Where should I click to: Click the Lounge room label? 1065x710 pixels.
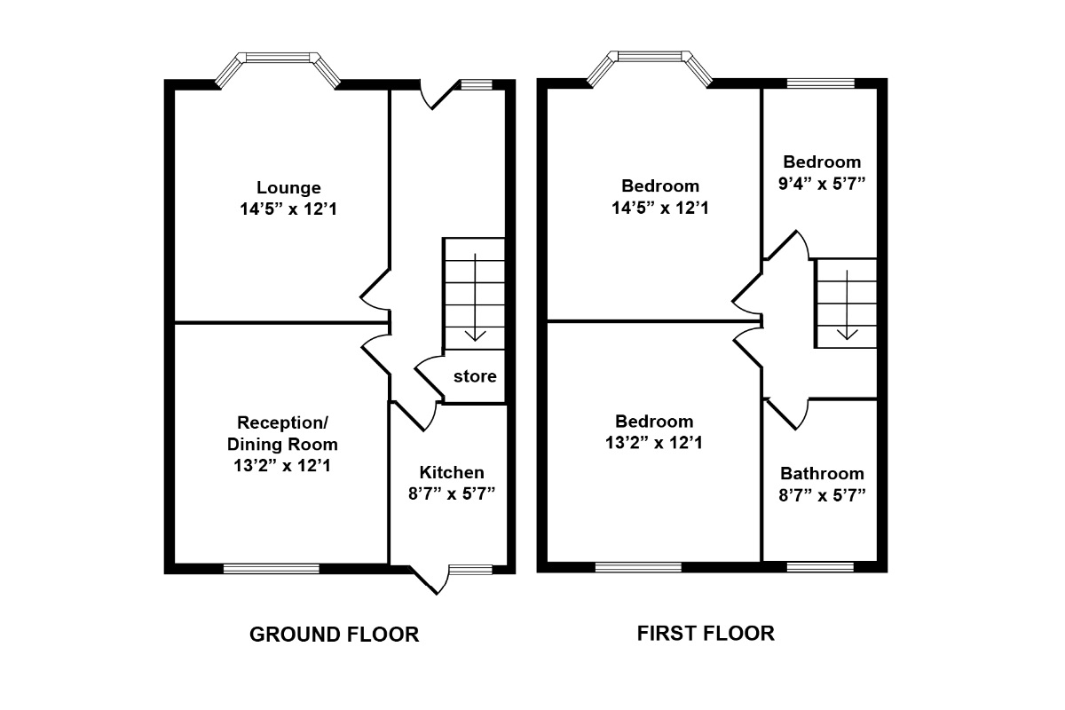click(288, 188)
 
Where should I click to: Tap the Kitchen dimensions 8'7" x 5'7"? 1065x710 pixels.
click(452, 494)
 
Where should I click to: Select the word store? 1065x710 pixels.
click(475, 376)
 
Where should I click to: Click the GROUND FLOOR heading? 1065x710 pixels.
click(334, 635)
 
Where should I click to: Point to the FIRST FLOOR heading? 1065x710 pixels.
click(706, 633)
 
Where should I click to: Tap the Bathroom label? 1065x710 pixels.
click(822, 474)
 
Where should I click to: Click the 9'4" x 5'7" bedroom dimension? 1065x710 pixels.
click(822, 184)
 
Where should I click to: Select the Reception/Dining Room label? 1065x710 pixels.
click(282, 432)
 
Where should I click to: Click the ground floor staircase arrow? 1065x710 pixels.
click(477, 297)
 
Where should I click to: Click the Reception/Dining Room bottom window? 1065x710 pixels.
click(271, 569)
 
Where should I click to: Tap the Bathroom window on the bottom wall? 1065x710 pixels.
click(820, 566)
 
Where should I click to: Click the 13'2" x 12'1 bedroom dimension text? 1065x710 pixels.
click(654, 442)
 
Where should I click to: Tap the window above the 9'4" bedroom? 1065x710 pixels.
click(821, 83)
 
